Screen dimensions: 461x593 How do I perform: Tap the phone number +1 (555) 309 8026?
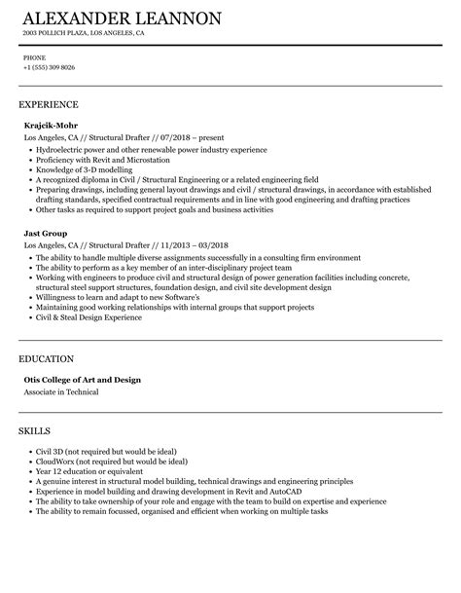point(49,67)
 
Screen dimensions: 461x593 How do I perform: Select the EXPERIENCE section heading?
point(49,103)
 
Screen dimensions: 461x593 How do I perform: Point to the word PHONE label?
point(32,56)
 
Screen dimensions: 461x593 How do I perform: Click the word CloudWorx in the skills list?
point(53,435)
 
